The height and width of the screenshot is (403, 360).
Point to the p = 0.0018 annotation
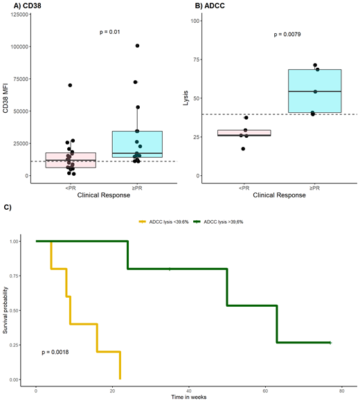(x=55, y=352)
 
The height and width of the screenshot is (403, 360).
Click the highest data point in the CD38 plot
(x=137, y=46)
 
